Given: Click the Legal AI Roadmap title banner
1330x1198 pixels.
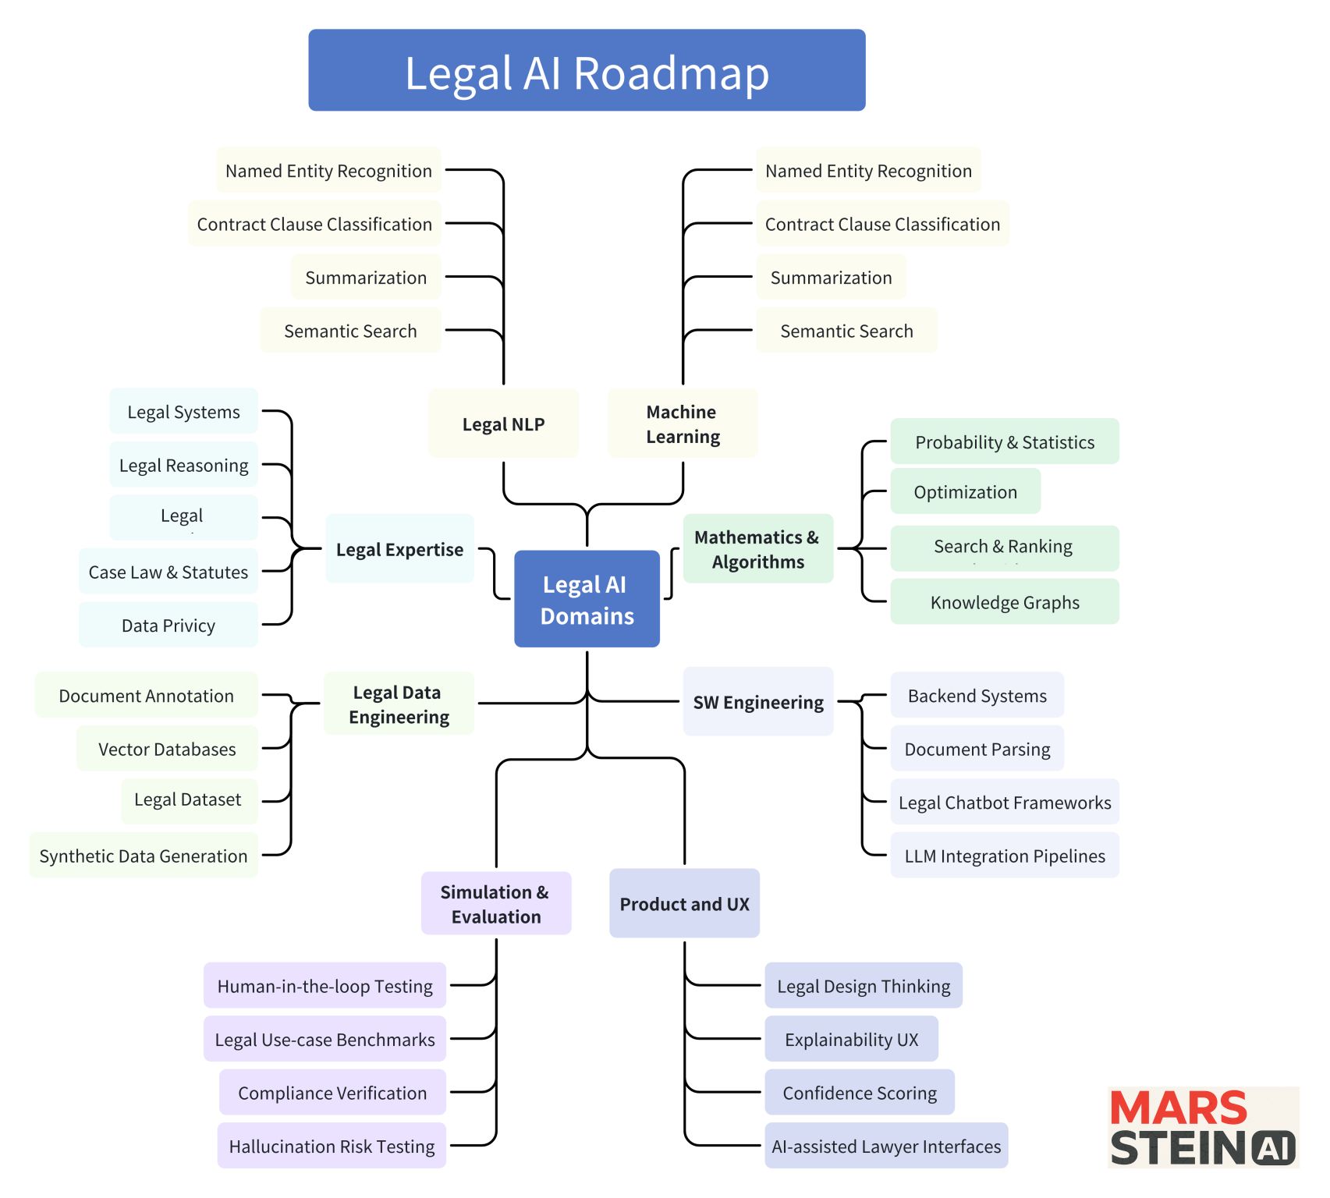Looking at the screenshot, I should (587, 70).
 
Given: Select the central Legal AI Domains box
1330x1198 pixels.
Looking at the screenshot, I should (587, 599).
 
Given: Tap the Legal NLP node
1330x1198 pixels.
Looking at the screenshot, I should (503, 424).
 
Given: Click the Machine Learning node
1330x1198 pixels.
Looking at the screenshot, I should (683, 424).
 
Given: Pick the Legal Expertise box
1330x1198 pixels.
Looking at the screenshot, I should (399, 549).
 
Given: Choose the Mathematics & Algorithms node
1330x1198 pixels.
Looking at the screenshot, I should (757, 549).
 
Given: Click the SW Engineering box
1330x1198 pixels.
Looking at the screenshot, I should (757, 702).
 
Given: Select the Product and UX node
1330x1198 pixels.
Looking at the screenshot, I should (684, 903).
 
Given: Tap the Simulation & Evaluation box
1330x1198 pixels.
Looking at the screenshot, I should (495, 903).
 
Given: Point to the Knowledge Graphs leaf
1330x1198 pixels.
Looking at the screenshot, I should (1004, 602).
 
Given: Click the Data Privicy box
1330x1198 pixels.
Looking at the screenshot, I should (168, 625).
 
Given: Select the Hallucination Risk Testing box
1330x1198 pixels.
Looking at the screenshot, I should (332, 1146).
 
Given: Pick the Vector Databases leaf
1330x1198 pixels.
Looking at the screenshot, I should (167, 749).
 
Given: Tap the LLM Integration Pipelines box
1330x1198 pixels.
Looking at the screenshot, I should (1004, 856).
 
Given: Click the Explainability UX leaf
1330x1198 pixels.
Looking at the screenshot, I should (851, 1039).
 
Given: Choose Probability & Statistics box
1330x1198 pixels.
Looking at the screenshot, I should (1004, 441).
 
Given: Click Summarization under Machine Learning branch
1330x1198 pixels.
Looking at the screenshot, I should (831, 277).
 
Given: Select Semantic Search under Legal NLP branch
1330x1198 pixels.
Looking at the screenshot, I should (350, 331).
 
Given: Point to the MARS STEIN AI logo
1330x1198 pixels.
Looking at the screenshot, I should (1202, 1128).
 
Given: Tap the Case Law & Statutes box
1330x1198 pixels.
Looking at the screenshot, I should (168, 572).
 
